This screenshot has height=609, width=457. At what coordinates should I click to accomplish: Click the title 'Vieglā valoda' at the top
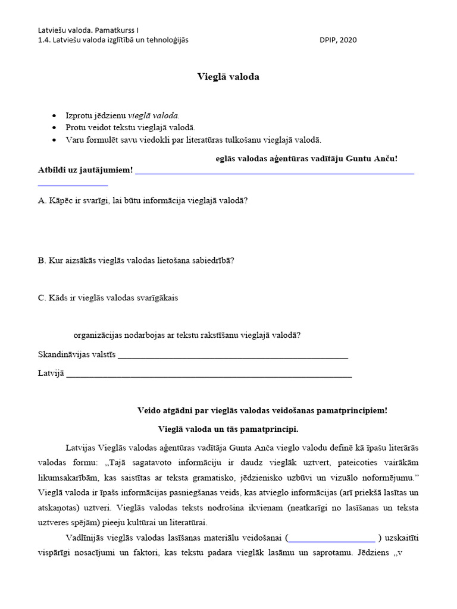pos(228,77)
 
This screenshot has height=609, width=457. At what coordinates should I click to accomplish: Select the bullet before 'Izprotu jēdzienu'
pos(55,116)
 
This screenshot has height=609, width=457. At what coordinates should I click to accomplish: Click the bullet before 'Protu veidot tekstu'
pos(55,128)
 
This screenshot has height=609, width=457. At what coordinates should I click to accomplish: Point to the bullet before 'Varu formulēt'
pos(55,140)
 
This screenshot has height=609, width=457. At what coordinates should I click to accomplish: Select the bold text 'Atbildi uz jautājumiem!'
pos(85,171)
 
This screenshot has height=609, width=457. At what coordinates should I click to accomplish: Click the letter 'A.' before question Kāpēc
pos(42,200)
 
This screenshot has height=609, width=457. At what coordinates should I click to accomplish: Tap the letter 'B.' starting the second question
pos(42,260)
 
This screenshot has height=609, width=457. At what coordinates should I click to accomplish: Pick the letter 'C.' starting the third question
pos(42,298)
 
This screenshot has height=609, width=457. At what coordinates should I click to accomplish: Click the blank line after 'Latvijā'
pos(209,376)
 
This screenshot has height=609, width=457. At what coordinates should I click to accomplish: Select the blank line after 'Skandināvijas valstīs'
pos(233,358)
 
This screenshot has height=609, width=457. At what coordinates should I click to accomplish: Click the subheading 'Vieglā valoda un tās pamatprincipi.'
pos(228,429)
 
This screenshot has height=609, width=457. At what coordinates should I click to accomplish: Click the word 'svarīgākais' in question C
pos(156,298)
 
